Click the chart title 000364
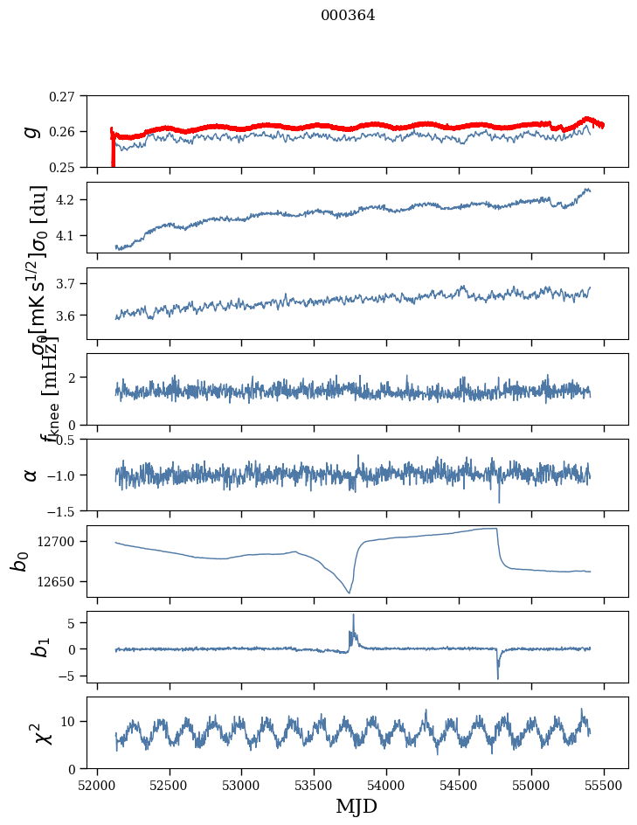[348, 16]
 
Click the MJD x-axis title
[357, 806]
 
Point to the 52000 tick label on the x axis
[97, 785]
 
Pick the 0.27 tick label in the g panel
[68, 96]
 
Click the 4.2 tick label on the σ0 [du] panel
[73, 200]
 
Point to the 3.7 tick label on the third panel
[73, 284]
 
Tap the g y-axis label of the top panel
[31, 131]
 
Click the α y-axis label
[31, 475]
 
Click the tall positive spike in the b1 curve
[353, 615]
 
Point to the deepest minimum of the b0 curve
[350, 593]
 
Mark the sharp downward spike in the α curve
[499, 502]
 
